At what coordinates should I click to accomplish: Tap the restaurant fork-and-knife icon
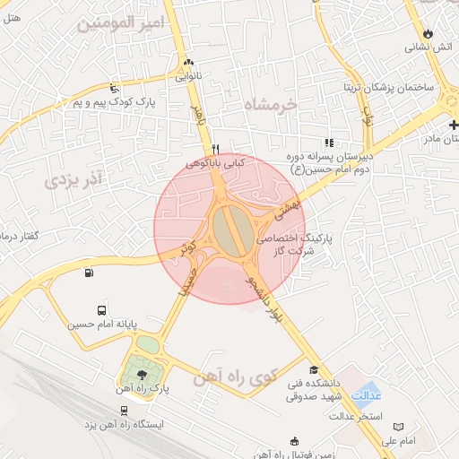(215, 149)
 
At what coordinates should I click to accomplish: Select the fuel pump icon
(88, 273)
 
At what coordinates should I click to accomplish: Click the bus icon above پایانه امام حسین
(100, 307)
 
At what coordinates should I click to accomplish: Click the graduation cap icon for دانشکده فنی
(314, 370)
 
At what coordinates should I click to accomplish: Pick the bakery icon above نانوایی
(188, 62)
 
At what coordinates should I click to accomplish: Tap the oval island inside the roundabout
(231, 229)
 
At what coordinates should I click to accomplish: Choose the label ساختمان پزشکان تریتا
(385, 88)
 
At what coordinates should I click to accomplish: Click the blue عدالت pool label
(367, 395)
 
